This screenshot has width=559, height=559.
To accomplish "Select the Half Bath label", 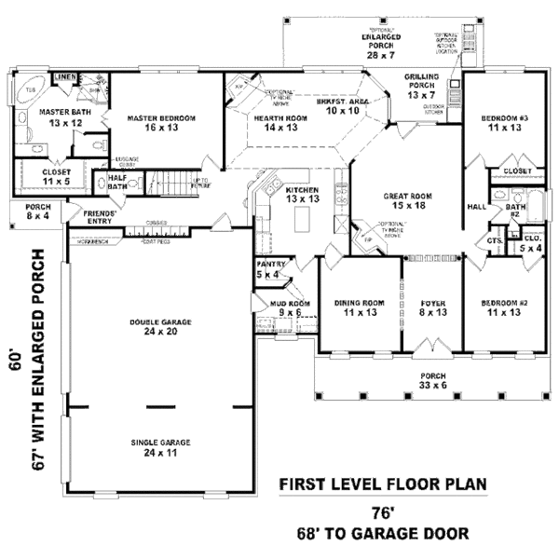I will click(x=117, y=183).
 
